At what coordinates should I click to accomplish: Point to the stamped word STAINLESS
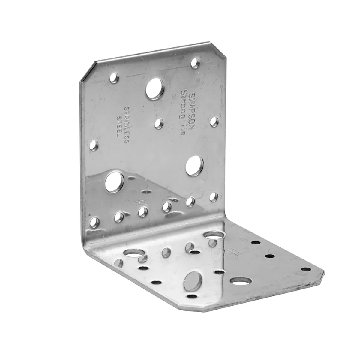click(127, 125)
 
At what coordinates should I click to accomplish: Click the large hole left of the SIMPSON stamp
click(155, 88)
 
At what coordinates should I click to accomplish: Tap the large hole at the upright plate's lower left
click(114, 182)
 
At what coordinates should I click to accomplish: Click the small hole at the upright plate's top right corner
click(195, 63)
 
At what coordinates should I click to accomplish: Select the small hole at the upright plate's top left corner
click(114, 78)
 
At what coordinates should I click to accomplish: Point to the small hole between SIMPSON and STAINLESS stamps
click(159, 124)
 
